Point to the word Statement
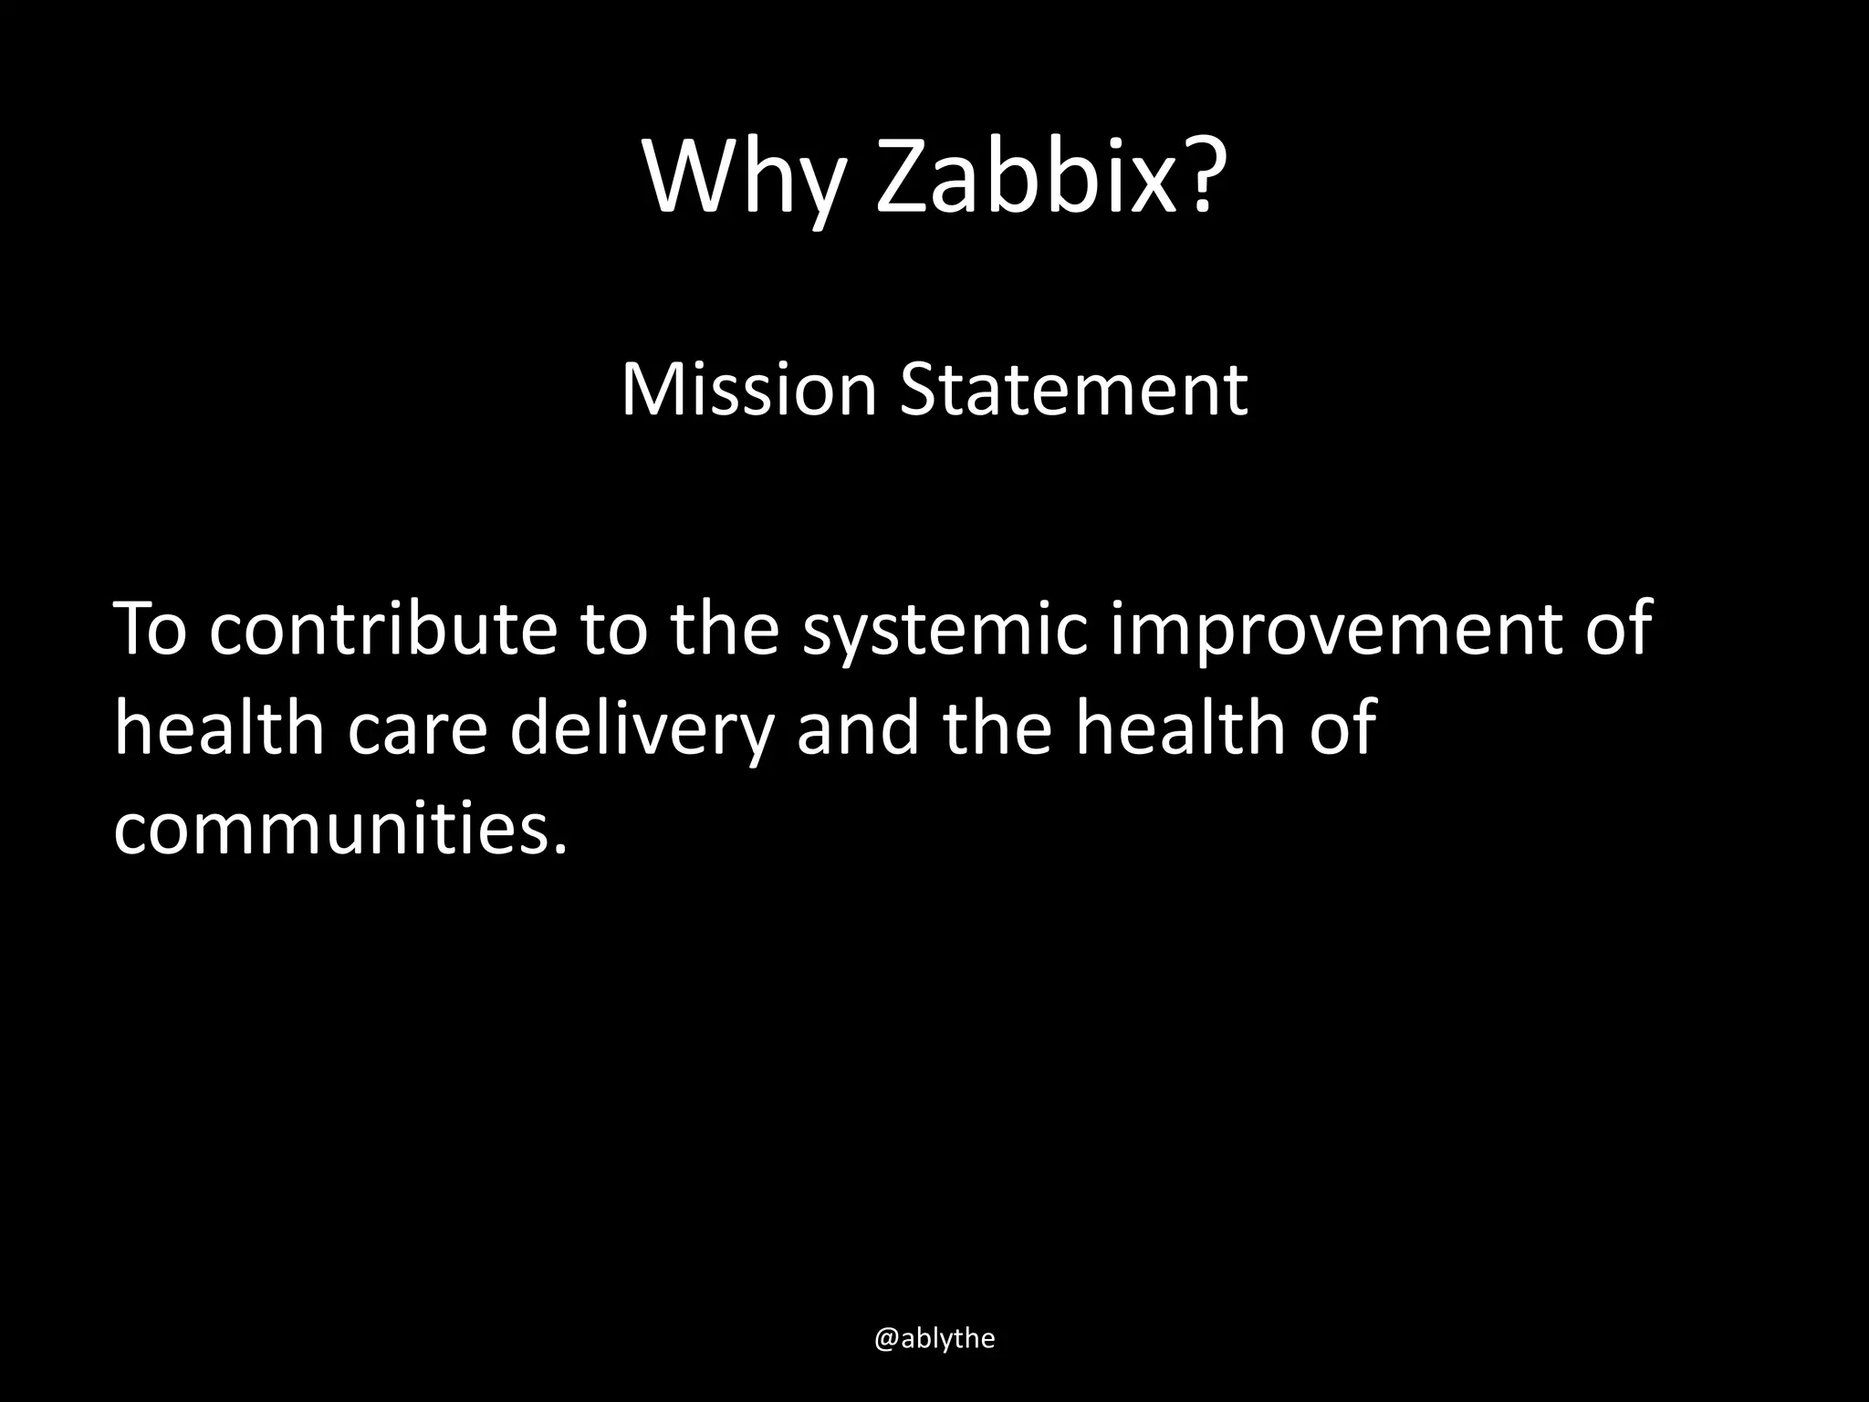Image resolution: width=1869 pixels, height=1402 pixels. point(1073,390)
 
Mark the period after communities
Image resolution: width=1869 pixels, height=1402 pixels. point(559,850)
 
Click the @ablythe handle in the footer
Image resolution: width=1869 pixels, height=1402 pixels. point(934,1338)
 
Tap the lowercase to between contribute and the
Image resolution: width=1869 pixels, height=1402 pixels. point(613,630)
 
